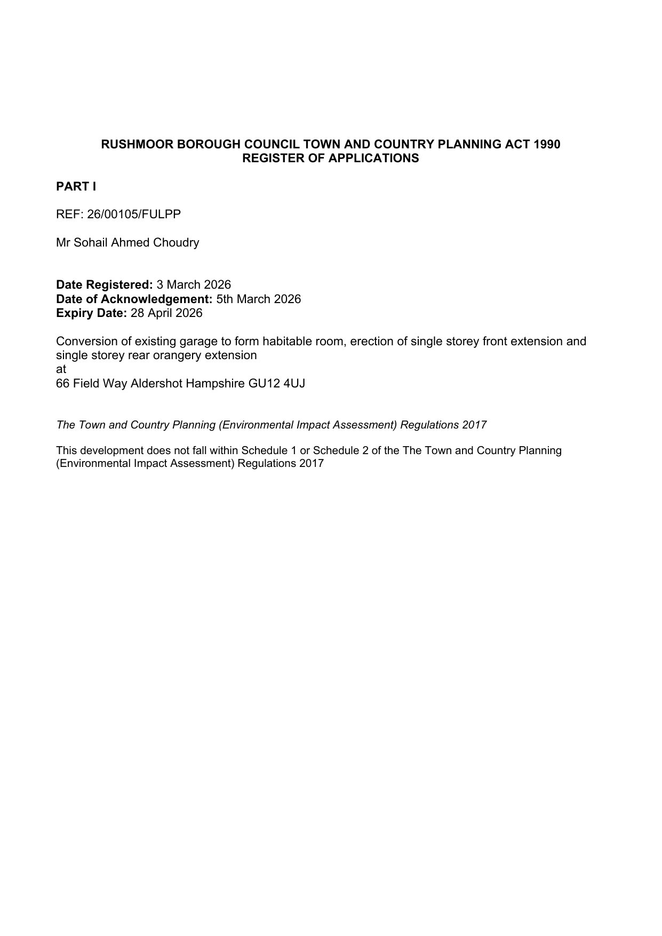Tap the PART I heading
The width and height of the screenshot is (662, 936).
(x=76, y=187)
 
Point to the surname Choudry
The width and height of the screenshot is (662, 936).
(x=176, y=243)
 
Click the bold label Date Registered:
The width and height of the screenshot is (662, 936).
(x=105, y=285)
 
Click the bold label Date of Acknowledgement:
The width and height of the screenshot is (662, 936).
(x=134, y=299)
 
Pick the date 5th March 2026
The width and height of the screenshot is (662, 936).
(x=259, y=299)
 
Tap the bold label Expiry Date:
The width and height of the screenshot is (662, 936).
(x=91, y=313)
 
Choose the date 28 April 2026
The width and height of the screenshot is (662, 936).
(x=166, y=313)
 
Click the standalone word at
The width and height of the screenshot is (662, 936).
(x=61, y=369)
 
